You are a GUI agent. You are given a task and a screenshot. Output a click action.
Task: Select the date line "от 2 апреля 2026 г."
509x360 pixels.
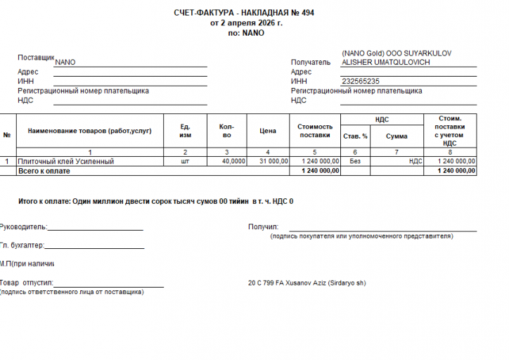point(246,23)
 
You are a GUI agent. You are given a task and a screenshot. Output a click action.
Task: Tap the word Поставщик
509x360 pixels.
point(36,57)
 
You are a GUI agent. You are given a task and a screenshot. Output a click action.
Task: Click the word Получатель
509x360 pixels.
point(310,63)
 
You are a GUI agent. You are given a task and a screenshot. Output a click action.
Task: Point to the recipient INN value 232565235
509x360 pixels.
point(361,82)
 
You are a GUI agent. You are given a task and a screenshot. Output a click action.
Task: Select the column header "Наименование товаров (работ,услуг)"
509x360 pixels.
point(89,131)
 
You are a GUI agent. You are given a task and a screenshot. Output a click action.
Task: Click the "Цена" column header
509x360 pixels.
point(267,131)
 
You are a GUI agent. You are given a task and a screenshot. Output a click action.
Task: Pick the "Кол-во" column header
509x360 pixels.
point(226,131)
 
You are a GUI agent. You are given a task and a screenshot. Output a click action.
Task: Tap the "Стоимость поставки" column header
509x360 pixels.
point(314,131)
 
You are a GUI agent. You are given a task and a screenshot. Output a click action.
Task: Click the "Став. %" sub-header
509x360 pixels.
point(355,136)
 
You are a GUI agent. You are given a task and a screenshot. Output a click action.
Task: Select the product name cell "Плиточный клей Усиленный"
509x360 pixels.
point(65,162)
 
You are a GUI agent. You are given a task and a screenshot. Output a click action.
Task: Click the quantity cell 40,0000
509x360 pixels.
point(233,162)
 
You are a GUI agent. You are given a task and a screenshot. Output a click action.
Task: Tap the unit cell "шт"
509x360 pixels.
point(186,162)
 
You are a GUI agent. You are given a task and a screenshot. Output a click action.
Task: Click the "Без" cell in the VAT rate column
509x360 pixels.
point(355,162)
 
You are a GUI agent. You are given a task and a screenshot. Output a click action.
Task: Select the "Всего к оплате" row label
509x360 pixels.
point(44,171)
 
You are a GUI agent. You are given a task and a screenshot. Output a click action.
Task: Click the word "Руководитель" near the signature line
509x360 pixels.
point(23,227)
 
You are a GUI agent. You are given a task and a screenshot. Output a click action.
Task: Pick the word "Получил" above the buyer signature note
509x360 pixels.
point(263,227)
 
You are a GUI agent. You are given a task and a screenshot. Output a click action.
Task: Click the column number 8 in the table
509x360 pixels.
point(449,153)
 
